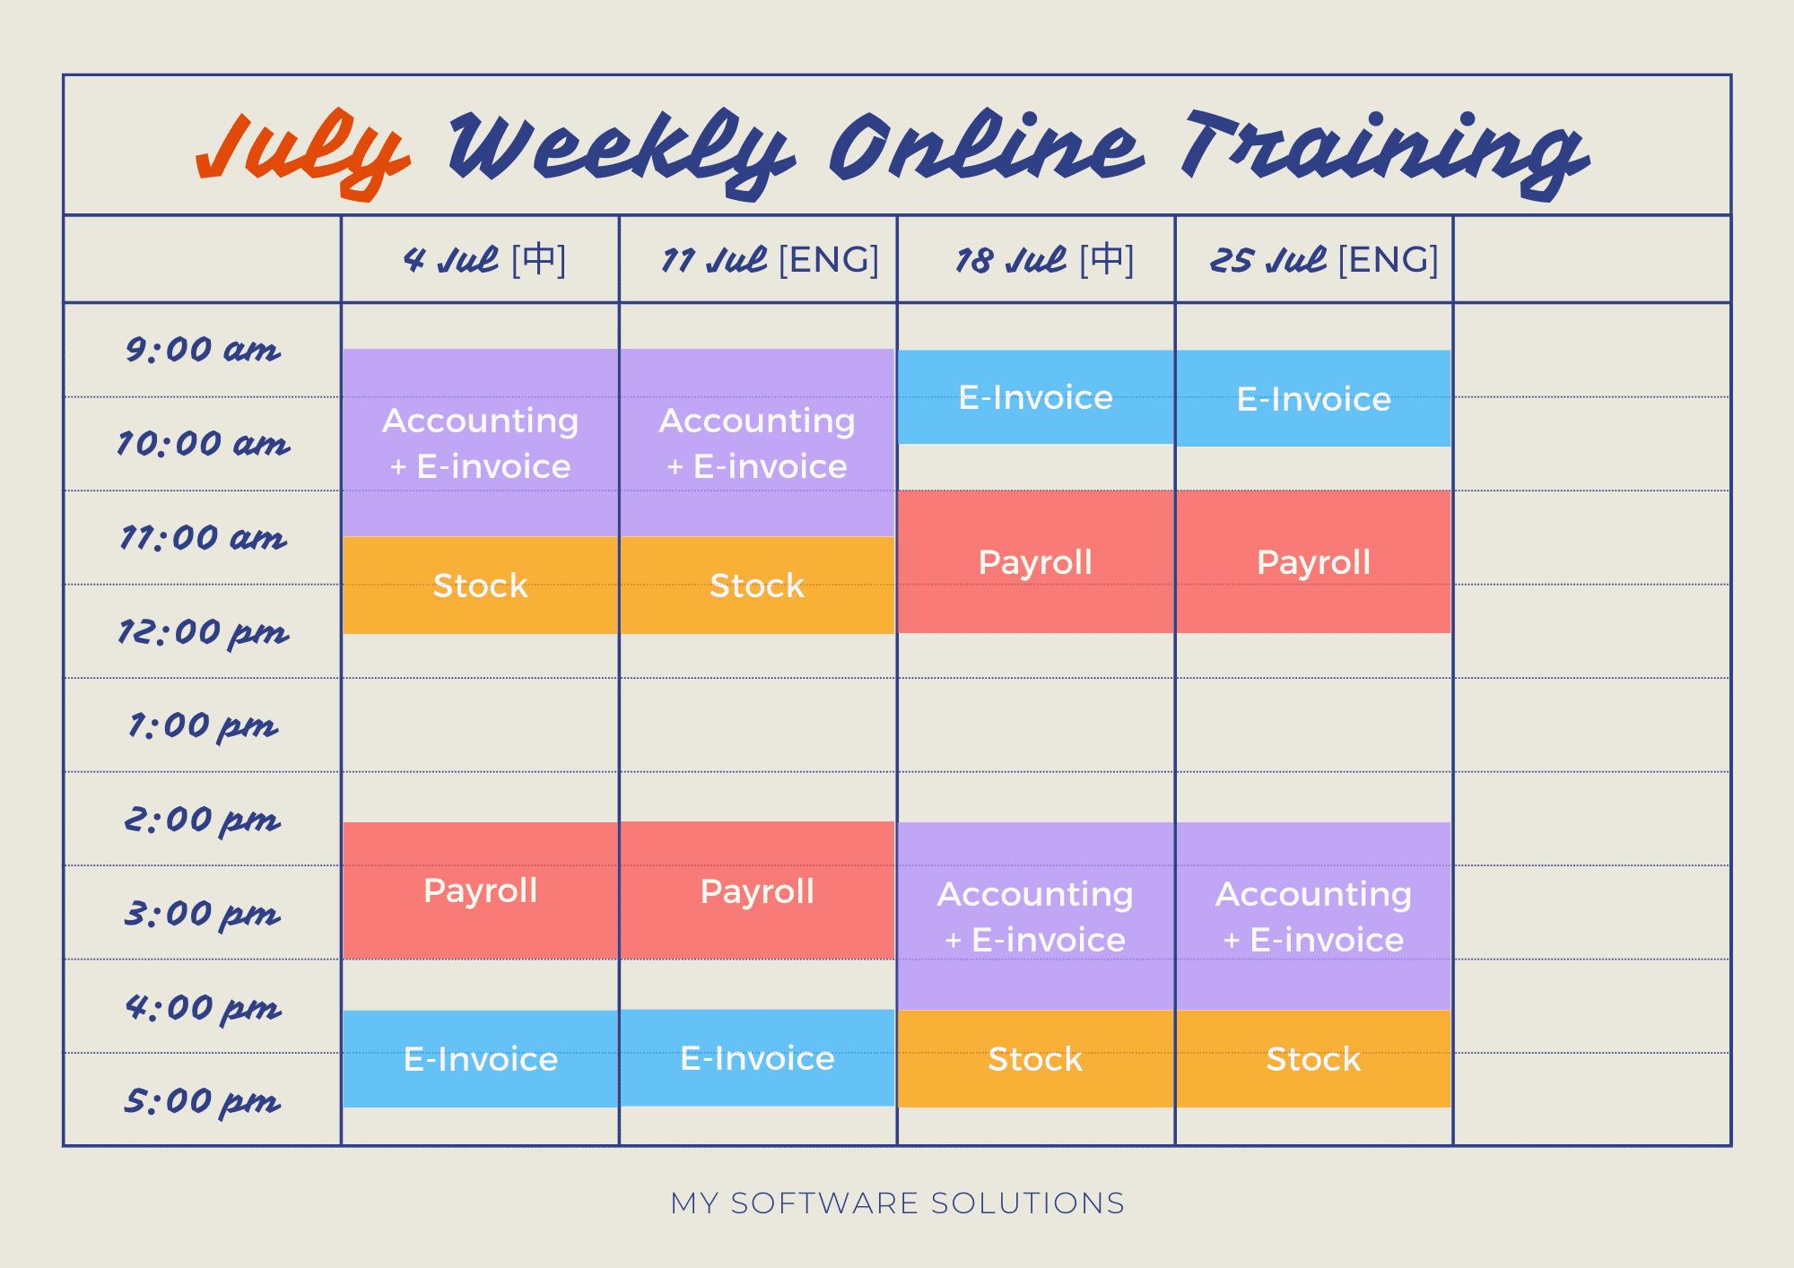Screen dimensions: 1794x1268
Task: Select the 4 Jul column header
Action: (485, 260)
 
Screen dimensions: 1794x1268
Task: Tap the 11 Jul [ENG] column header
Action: (770, 260)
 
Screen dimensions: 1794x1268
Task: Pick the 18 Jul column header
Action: (1045, 260)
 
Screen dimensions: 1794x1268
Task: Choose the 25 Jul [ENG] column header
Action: (1324, 260)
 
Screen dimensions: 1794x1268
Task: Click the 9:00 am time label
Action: (203, 350)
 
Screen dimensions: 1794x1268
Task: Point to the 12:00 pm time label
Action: (203, 633)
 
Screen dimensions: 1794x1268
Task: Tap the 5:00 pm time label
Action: (203, 1101)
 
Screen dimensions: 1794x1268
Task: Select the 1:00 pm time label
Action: (203, 725)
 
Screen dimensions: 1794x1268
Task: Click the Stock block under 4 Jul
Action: (480, 586)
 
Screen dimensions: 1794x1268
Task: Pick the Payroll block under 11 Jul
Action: (757, 890)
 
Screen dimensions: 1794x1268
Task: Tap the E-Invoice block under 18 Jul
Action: (1036, 397)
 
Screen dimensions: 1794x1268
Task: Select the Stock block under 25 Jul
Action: (1313, 1059)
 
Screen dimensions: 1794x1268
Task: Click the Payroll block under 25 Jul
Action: (1313, 562)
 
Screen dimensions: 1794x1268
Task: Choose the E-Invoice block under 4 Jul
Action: (480, 1059)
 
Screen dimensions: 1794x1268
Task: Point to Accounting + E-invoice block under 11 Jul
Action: (757, 443)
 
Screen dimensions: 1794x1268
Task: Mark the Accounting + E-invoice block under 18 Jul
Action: (1036, 916)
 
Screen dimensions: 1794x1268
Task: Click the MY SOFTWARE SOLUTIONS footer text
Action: (897, 1203)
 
